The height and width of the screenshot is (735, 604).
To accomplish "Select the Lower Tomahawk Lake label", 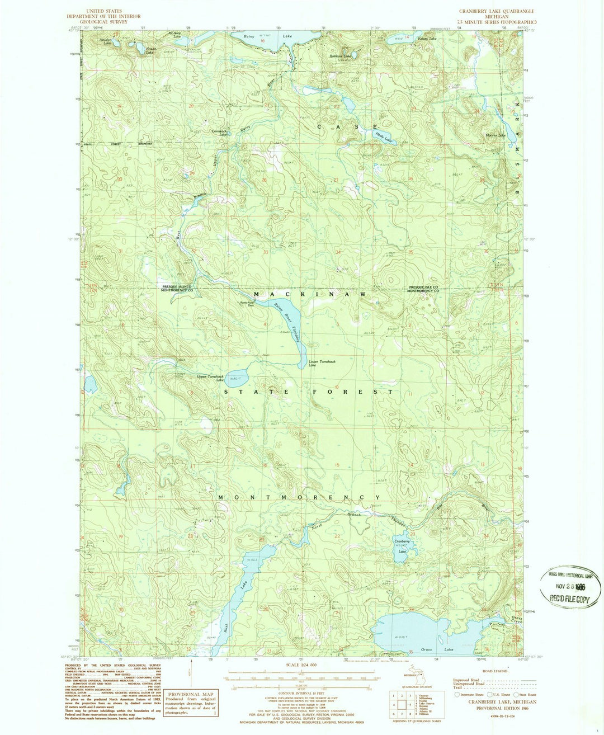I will [x=320, y=364].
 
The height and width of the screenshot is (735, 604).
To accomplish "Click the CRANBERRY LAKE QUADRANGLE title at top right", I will [x=496, y=11].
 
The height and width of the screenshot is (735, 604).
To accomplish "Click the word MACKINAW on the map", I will [x=310, y=294].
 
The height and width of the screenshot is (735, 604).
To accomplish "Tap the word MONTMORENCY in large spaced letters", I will [x=299, y=497].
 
